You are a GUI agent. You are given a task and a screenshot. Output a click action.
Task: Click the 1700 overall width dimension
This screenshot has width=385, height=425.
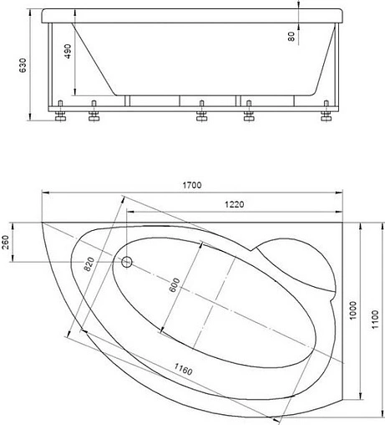click(x=192, y=185)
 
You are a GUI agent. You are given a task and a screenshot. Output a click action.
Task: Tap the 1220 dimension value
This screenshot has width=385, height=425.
click(x=234, y=205)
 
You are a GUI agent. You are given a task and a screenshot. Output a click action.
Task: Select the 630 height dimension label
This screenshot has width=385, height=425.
click(x=23, y=65)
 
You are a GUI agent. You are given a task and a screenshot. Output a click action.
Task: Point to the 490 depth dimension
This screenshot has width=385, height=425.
click(x=68, y=51)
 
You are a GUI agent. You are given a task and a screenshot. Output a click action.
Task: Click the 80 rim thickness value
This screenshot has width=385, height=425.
click(x=291, y=36)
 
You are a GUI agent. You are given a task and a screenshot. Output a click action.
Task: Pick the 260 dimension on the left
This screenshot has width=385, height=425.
click(x=6, y=242)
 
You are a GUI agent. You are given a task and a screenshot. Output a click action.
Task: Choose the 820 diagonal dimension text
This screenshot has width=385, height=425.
click(x=89, y=264)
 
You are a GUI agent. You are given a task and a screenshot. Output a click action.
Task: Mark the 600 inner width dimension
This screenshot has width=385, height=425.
click(x=175, y=285)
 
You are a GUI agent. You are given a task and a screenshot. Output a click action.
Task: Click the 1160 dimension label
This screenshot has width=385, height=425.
click(x=183, y=369)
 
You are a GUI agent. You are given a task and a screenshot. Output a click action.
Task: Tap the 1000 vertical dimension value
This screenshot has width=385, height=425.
click(x=352, y=310)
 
